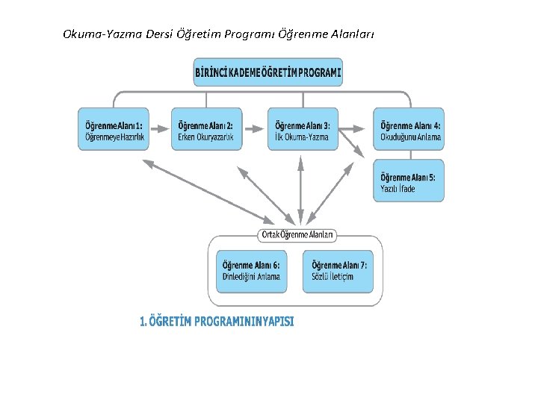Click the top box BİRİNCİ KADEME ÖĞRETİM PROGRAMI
[x=268, y=72]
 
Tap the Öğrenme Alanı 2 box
[x=208, y=129]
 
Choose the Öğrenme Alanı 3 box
[x=303, y=129]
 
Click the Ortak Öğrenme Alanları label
[x=298, y=234]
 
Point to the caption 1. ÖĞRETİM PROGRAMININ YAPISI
[x=217, y=322]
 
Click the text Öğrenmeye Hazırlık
[x=114, y=137]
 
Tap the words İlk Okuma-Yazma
[x=300, y=137]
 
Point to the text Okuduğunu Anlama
[x=411, y=137]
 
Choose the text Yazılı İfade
[x=398, y=189]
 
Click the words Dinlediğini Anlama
[x=252, y=277]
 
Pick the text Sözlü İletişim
[x=333, y=277]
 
